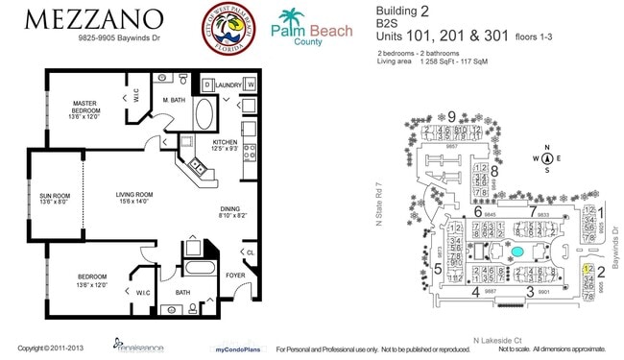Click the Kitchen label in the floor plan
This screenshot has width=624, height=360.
225,144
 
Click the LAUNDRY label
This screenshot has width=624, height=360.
228,84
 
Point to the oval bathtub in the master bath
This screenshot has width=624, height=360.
204,116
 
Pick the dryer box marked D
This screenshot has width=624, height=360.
206,84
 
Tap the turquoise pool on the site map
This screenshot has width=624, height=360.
517,252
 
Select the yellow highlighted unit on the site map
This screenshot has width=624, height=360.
588,272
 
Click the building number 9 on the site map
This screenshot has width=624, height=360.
451,116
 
